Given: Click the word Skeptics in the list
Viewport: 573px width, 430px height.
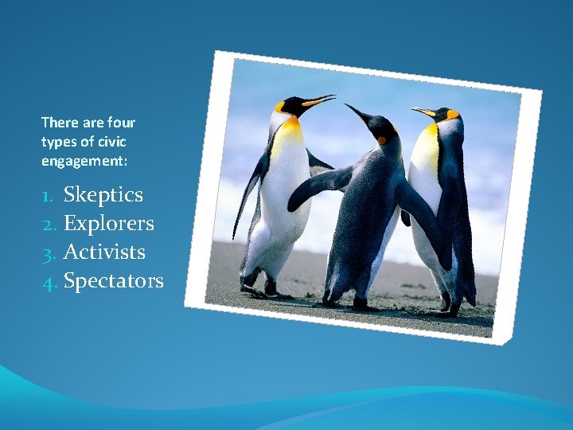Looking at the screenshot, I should click(103, 195).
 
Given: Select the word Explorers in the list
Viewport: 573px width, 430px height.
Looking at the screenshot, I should click(109, 224).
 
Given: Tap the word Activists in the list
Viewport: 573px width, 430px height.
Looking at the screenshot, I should click(104, 252).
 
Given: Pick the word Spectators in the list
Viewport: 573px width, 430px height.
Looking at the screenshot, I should click(114, 281).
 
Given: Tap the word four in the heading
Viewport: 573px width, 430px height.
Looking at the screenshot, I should click(121, 123).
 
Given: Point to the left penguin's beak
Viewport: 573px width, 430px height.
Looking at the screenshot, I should click(319, 101).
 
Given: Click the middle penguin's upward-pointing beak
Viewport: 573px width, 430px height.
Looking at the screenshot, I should click(357, 112).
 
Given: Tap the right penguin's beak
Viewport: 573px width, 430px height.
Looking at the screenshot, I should click(423, 111).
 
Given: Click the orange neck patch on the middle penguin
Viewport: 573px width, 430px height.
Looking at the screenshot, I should click(382, 140).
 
